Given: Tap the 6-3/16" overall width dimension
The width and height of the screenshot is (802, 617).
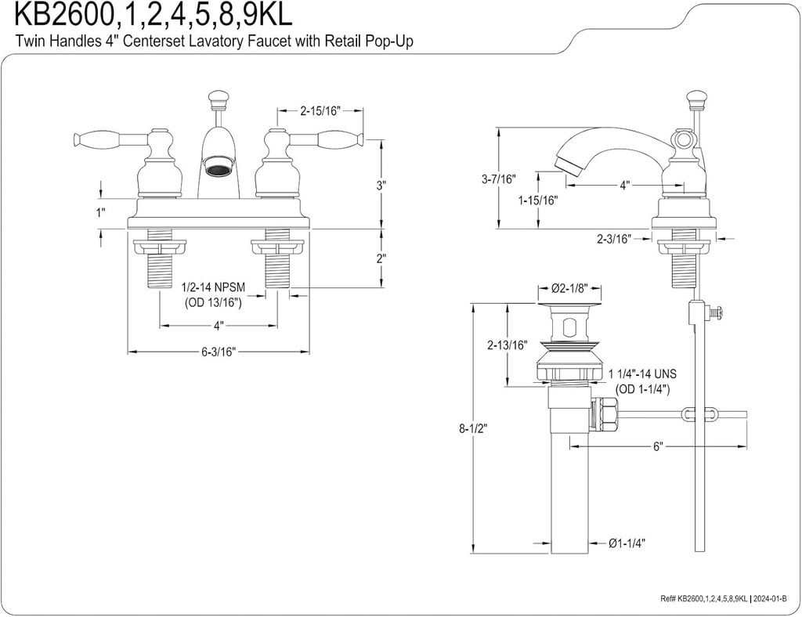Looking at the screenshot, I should point(219,352).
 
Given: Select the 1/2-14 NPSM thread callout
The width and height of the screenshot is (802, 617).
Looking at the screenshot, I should point(213,288).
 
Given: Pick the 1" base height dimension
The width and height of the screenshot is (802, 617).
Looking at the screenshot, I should point(100,212).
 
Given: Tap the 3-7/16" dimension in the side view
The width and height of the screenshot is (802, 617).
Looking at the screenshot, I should point(499,179).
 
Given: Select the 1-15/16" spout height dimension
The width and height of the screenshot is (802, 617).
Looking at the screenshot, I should point(537,200).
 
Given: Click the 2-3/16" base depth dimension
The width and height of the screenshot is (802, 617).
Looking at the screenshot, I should point(613,240).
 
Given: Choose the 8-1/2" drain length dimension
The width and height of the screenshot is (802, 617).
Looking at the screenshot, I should point(472,429).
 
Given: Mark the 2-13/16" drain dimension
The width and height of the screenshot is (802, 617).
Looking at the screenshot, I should point(508,345).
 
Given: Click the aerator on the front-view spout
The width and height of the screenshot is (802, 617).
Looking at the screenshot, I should point(217,165).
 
